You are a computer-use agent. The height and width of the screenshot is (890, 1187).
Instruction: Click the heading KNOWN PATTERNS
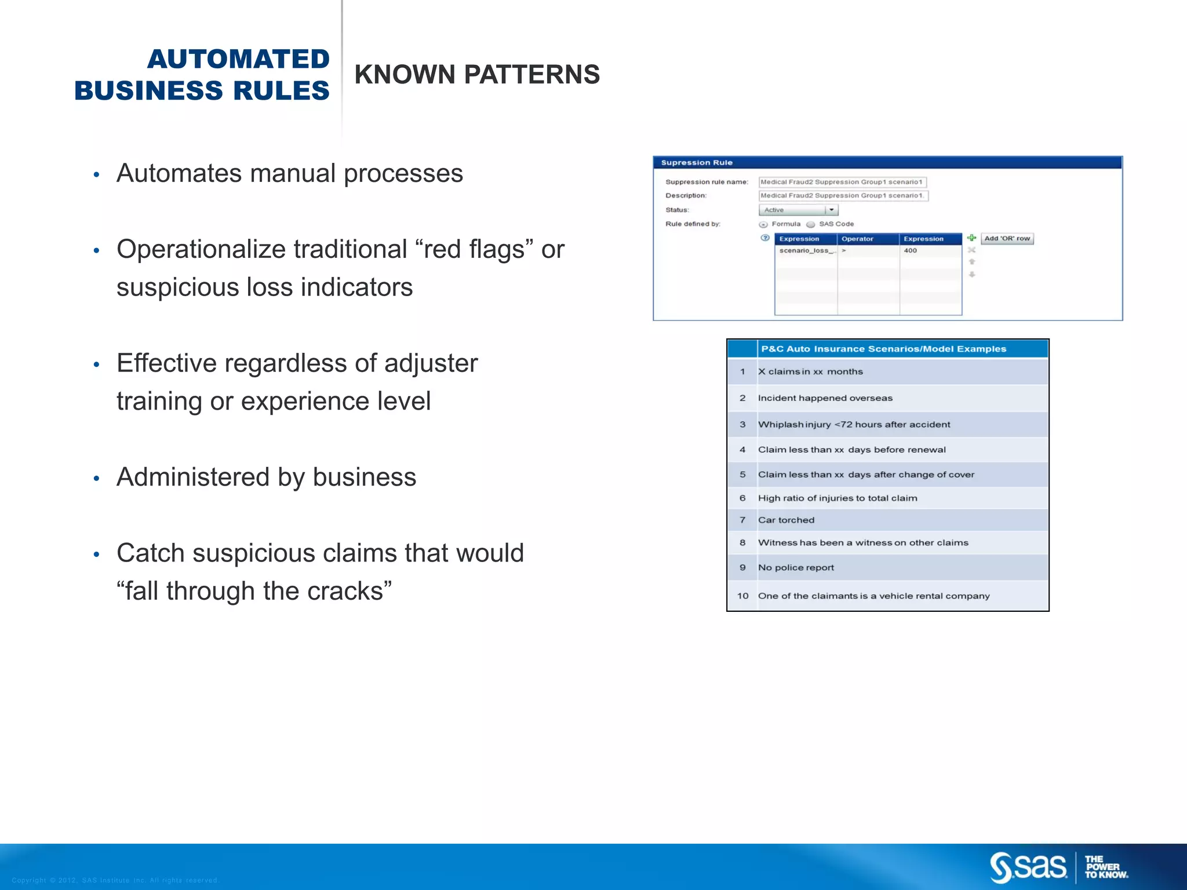pos(476,75)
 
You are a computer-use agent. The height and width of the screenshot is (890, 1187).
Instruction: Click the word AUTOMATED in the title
pos(238,59)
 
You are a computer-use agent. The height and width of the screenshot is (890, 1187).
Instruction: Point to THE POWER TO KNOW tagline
pos(1105,867)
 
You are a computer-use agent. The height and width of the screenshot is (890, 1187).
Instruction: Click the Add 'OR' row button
pos(1007,239)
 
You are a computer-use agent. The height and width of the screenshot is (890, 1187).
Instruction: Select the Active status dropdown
pos(798,210)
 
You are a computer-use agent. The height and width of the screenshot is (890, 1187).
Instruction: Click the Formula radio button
pos(763,224)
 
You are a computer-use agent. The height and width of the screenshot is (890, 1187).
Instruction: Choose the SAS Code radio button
pos(811,224)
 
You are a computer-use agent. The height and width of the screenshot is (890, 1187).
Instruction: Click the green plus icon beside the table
pos(971,238)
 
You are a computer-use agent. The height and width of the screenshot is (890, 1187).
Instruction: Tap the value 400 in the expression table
pos(910,251)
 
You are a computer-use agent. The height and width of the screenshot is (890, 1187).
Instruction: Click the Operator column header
pos(857,239)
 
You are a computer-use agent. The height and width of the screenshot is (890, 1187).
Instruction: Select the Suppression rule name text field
pos(842,182)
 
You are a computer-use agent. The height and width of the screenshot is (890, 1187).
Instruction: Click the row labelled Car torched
pos(786,520)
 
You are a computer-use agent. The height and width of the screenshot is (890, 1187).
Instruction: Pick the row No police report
pos(796,568)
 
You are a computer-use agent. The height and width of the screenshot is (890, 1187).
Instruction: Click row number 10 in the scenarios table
pos(742,596)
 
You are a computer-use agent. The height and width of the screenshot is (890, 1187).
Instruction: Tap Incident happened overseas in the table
pos(825,398)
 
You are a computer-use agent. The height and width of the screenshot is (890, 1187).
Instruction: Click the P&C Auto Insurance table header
pos(883,349)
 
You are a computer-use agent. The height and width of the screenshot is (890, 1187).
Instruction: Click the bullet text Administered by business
pos(266,477)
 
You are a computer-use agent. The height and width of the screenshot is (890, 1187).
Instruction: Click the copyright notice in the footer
pos(115,880)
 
